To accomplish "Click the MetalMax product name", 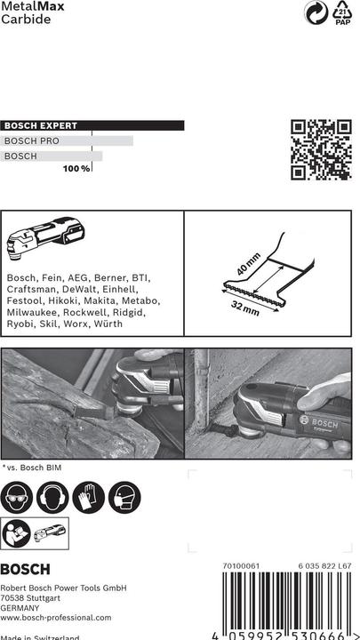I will point(27,7).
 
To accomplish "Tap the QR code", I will point(321,149).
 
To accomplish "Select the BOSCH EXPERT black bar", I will point(92,126).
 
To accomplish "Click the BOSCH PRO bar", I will point(67,140).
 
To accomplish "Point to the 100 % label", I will point(76,168).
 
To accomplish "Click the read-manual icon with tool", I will point(36,534).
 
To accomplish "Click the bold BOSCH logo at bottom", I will point(26,570).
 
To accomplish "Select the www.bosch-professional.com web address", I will point(56,617).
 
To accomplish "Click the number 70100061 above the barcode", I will point(241,565).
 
